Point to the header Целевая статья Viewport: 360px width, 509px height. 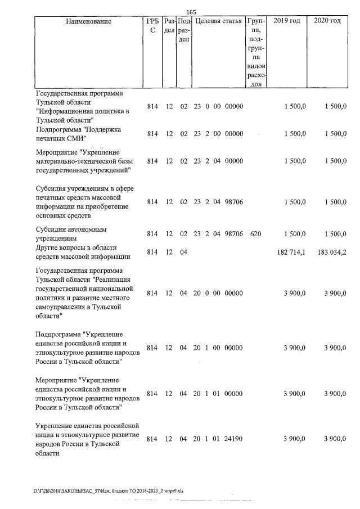tap(218, 21)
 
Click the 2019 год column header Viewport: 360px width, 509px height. tap(286, 21)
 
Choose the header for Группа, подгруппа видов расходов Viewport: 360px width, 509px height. tap(256, 53)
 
